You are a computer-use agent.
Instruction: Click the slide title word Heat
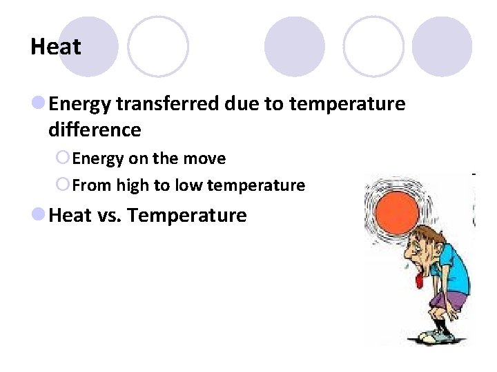pos(55,47)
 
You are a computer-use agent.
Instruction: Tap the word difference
pos(95,130)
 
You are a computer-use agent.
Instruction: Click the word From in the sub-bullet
pos(92,185)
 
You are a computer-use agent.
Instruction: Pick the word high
pos(132,185)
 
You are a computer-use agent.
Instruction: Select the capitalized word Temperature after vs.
pos(187,216)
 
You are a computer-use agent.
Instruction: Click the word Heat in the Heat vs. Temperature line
pos(70,216)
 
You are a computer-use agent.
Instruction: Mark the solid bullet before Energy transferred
pos(39,104)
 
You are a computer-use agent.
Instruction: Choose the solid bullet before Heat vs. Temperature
pos(39,216)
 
